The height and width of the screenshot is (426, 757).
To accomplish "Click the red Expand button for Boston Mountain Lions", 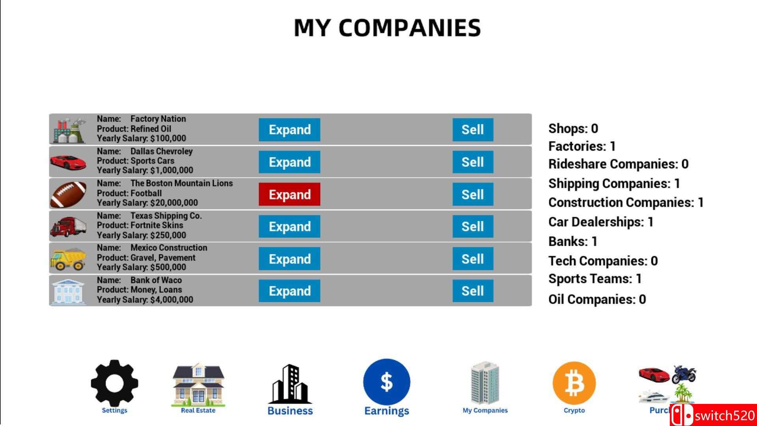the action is pyautogui.click(x=289, y=194).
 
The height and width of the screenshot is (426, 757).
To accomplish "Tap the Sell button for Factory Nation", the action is pyautogui.click(x=473, y=129).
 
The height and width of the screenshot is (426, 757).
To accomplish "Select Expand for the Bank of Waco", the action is pyautogui.click(x=289, y=291).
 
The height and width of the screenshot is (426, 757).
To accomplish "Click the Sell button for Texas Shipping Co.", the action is pyautogui.click(x=473, y=226).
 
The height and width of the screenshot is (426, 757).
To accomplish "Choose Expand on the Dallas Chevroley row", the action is pyautogui.click(x=289, y=162).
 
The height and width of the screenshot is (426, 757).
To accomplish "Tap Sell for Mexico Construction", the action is pyautogui.click(x=473, y=259).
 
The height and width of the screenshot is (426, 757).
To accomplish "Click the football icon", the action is pyautogui.click(x=68, y=194).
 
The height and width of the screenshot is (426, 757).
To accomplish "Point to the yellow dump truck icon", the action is pyautogui.click(x=68, y=259).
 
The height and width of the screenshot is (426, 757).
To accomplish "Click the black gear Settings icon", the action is pyautogui.click(x=114, y=382).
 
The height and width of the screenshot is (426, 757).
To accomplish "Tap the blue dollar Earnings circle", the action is pyautogui.click(x=386, y=382).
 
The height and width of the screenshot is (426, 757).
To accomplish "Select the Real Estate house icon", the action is pyautogui.click(x=198, y=384).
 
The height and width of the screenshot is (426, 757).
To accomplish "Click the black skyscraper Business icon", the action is pyautogui.click(x=290, y=384).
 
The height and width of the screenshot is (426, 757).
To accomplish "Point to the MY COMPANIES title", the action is pyautogui.click(x=387, y=28).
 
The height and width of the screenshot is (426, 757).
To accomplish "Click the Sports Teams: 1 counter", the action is pyautogui.click(x=595, y=279).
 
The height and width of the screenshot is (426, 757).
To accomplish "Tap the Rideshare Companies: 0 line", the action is pyautogui.click(x=618, y=164).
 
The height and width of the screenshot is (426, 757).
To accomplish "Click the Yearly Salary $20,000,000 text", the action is pyautogui.click(x=147, y=203).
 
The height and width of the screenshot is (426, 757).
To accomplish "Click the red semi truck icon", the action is pyautogui.click(x=68, y=227).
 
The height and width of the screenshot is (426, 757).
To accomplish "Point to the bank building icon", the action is pyautogui.click(x=68, y=291).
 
